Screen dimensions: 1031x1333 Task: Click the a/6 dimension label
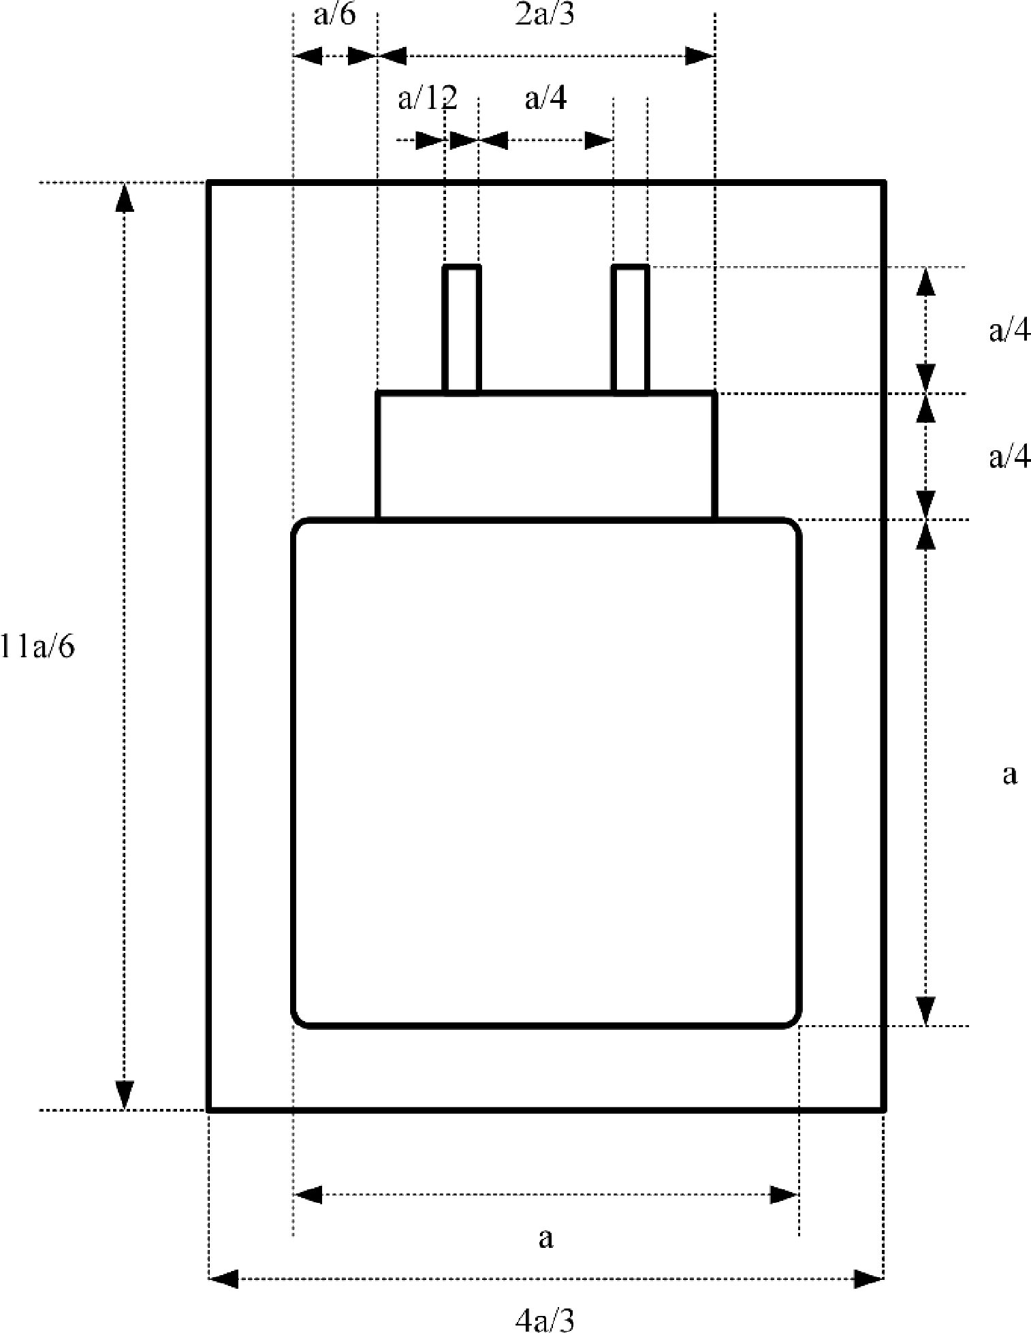[334, 14]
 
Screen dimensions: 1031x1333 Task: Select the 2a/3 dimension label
[545, 14]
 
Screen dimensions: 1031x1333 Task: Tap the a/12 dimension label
[428, 99]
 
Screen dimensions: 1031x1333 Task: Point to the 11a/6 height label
[37, 646]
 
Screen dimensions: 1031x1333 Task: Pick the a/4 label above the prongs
[545, 99]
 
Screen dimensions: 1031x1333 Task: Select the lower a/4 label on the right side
[1010, 458]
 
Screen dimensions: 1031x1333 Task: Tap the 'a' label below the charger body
[545, 1238]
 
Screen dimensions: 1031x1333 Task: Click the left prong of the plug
[462, 329]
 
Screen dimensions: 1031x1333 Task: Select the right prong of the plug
[630, 329]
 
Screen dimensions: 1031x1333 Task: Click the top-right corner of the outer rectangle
[884, 183]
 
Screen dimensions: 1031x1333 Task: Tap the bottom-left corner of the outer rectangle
[208, 1110]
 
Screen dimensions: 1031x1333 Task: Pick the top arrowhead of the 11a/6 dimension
[124, 198]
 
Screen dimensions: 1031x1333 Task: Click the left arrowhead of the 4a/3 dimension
[223, 1279]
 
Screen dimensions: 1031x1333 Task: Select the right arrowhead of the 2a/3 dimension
[699, 56]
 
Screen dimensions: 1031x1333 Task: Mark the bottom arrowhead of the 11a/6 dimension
[124, 1094]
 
